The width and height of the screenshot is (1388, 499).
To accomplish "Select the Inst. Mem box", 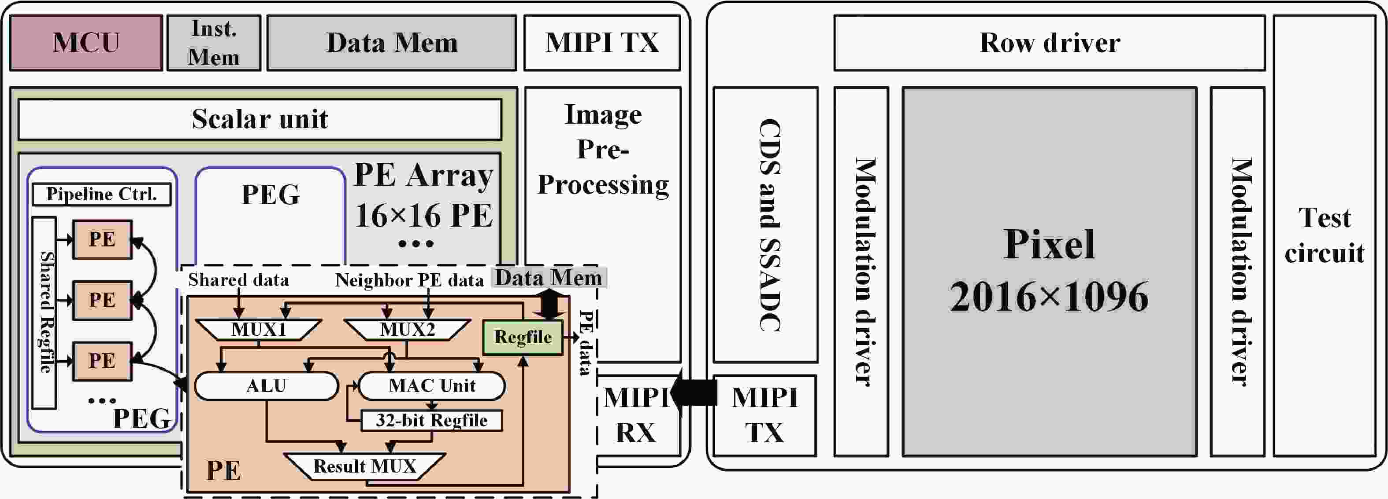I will coord(213,43).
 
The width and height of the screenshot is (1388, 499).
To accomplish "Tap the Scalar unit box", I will coord(260,119).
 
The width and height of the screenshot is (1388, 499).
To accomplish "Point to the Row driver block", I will coord(1049,43).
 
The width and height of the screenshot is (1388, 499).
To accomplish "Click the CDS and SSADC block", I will coord(765,224).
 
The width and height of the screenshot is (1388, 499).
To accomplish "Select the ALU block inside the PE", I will coord(266,385).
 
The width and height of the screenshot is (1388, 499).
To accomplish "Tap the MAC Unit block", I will coord(431,385).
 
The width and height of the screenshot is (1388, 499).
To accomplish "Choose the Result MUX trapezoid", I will coord(365,466).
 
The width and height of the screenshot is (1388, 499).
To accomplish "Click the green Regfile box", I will coord(523,338).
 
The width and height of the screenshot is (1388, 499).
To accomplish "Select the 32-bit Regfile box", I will coord(431,420).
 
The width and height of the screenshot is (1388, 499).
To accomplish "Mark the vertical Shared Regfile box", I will coord(44,312).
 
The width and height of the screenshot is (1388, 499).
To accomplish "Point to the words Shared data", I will coord(238,280).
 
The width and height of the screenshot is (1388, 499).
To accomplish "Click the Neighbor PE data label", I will coord(409,280).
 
